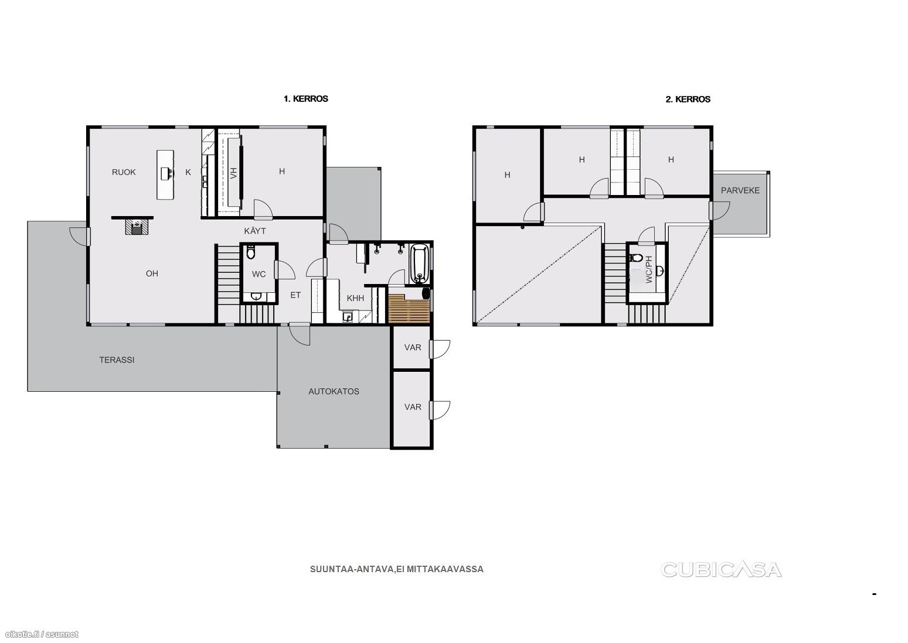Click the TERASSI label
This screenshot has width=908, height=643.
click(x=117, y=360)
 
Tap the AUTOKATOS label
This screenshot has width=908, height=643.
click(x=334, y=392)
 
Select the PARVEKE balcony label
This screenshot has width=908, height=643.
click(x=740, y=190)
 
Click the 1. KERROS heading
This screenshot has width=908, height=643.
click(x=305, y=99)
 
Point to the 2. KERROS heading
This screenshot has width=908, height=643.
click(x=688, y=99)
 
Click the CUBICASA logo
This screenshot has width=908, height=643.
click(x=721, y=570)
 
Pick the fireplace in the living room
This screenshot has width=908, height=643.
click(x=138, y=227)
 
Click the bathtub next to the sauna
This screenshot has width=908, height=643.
click(x=420, y=264)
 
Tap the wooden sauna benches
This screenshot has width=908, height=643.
click(x=409, y=309)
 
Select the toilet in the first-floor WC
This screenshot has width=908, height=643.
click(x=250, y=252)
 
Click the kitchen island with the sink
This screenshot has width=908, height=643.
click(x=165, y=175)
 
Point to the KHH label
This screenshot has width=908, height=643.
click(x=355, y=298)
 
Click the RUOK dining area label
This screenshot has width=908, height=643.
click(x=124, y=172)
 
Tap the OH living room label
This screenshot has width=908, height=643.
click(x=152, y=273)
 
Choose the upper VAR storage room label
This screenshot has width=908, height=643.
click(x=413, y=347)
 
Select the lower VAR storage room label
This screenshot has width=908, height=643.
click(x=413, y=407)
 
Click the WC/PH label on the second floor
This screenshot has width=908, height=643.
click(x=648, y=269)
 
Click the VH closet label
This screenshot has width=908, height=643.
click(x=233, y=173)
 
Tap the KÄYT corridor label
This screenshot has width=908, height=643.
click(x=255, y=231)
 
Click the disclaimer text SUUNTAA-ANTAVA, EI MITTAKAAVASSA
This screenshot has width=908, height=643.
click(x=397, y=569)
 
